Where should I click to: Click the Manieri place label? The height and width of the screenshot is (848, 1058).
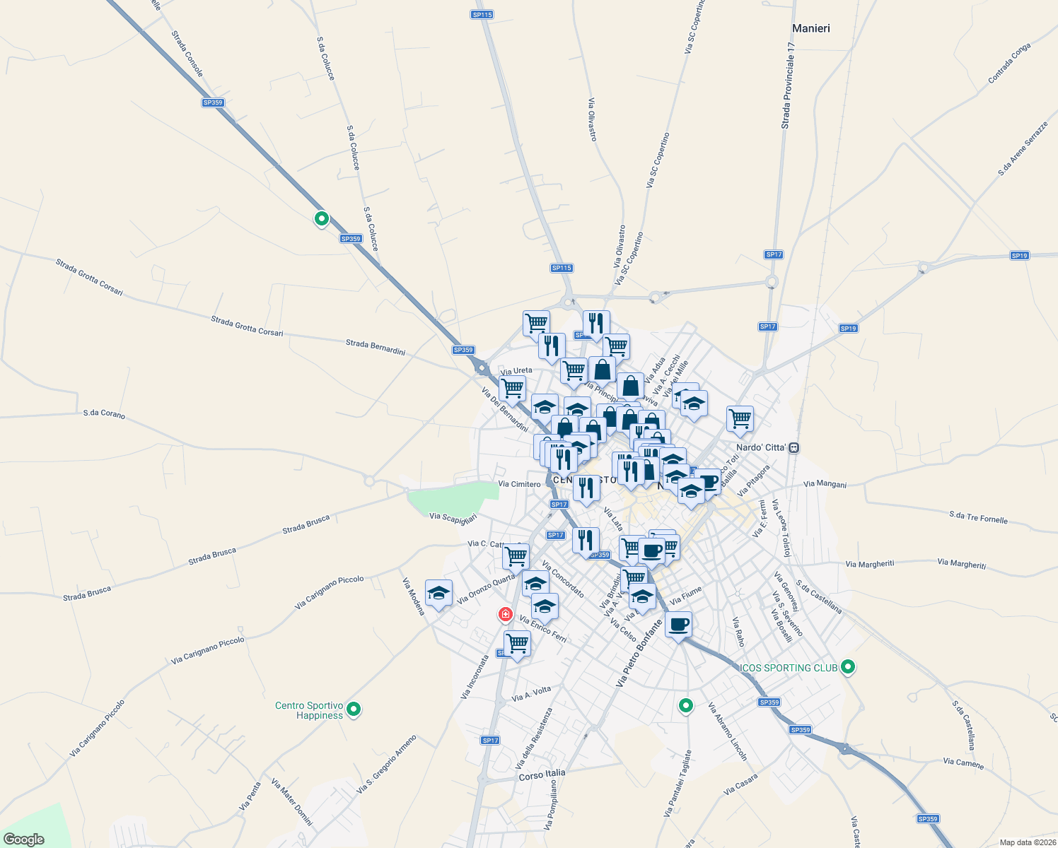[x=811, y=28]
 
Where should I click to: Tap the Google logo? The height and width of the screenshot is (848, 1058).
[x=24, y=840]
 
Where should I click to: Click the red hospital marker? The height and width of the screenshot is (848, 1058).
[x=505, y=614]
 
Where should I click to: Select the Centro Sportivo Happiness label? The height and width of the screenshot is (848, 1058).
[x=309, y=710]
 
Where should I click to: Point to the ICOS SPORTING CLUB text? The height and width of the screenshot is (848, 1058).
[x=789, y=668]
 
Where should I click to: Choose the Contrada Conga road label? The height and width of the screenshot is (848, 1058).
[x=1009, y=63]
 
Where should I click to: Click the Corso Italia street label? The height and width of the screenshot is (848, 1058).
[x=542, y=775]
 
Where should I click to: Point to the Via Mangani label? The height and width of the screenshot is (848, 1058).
[x=825, y=485]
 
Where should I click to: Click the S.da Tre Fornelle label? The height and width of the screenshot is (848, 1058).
[x=978, y=517]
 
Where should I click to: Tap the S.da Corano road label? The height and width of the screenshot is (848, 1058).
[x=104, y=414]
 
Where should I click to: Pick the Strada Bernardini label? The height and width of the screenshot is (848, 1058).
[x=375, y=347]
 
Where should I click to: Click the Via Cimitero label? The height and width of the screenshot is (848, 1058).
[x=519, y=484]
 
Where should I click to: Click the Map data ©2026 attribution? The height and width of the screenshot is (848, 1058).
[x=1028, y=842]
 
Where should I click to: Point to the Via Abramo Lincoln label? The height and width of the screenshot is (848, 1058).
[x=727, y=731]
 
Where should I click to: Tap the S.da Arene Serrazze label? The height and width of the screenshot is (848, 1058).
[x=1023, y=148]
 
